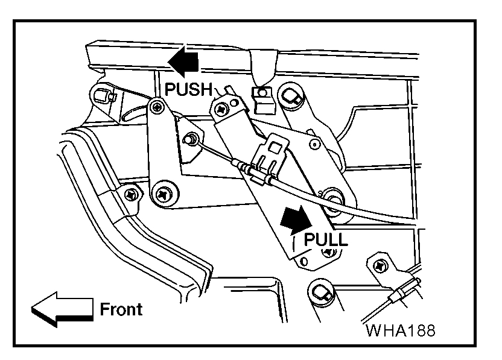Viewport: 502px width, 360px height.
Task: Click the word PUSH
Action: (188, 90)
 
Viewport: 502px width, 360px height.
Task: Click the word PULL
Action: (326, 239)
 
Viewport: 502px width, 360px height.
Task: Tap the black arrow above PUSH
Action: (182, 62)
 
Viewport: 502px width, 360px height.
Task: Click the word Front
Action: (121, 309)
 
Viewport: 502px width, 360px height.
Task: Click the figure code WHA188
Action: (400, 331)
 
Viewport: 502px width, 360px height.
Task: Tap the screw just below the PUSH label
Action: (157, 107)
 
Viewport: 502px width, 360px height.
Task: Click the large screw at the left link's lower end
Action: (163, 194)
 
